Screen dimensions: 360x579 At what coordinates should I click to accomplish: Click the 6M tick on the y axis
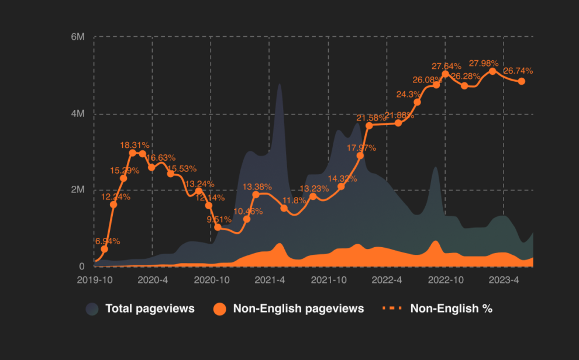(78, 37)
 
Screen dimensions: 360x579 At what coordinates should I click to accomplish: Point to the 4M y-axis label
(78, 113)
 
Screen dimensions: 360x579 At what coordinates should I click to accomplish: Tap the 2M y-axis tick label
(78, 190)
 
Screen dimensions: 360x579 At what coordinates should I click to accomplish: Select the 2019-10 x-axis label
(95, 280)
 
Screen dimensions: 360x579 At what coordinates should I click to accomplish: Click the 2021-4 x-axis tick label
(270, 280)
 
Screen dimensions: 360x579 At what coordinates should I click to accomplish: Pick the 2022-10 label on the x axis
(446, 280)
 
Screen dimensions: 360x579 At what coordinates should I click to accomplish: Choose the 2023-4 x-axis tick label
(504, 280)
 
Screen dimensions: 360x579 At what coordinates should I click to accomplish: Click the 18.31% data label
(135, 145)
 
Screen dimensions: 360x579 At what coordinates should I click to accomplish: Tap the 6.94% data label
(108, 241)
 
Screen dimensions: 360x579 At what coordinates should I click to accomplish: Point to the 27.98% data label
(484, 63)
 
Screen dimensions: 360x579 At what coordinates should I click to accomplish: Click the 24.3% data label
(408, 94)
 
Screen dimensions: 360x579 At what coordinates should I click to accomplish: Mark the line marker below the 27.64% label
(446, 74)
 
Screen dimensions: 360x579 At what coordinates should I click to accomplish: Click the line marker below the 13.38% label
(256, 195)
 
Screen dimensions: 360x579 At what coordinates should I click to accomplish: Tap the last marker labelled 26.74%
(522, 81)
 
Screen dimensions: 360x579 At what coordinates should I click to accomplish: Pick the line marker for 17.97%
(360, 155)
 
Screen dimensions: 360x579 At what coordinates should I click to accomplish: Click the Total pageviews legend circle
(92, 309)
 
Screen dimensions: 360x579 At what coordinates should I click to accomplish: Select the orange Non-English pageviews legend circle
(219, 309)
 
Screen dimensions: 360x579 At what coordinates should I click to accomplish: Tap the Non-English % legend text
(451, 309)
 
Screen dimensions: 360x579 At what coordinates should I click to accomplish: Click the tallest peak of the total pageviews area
(280, 85)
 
